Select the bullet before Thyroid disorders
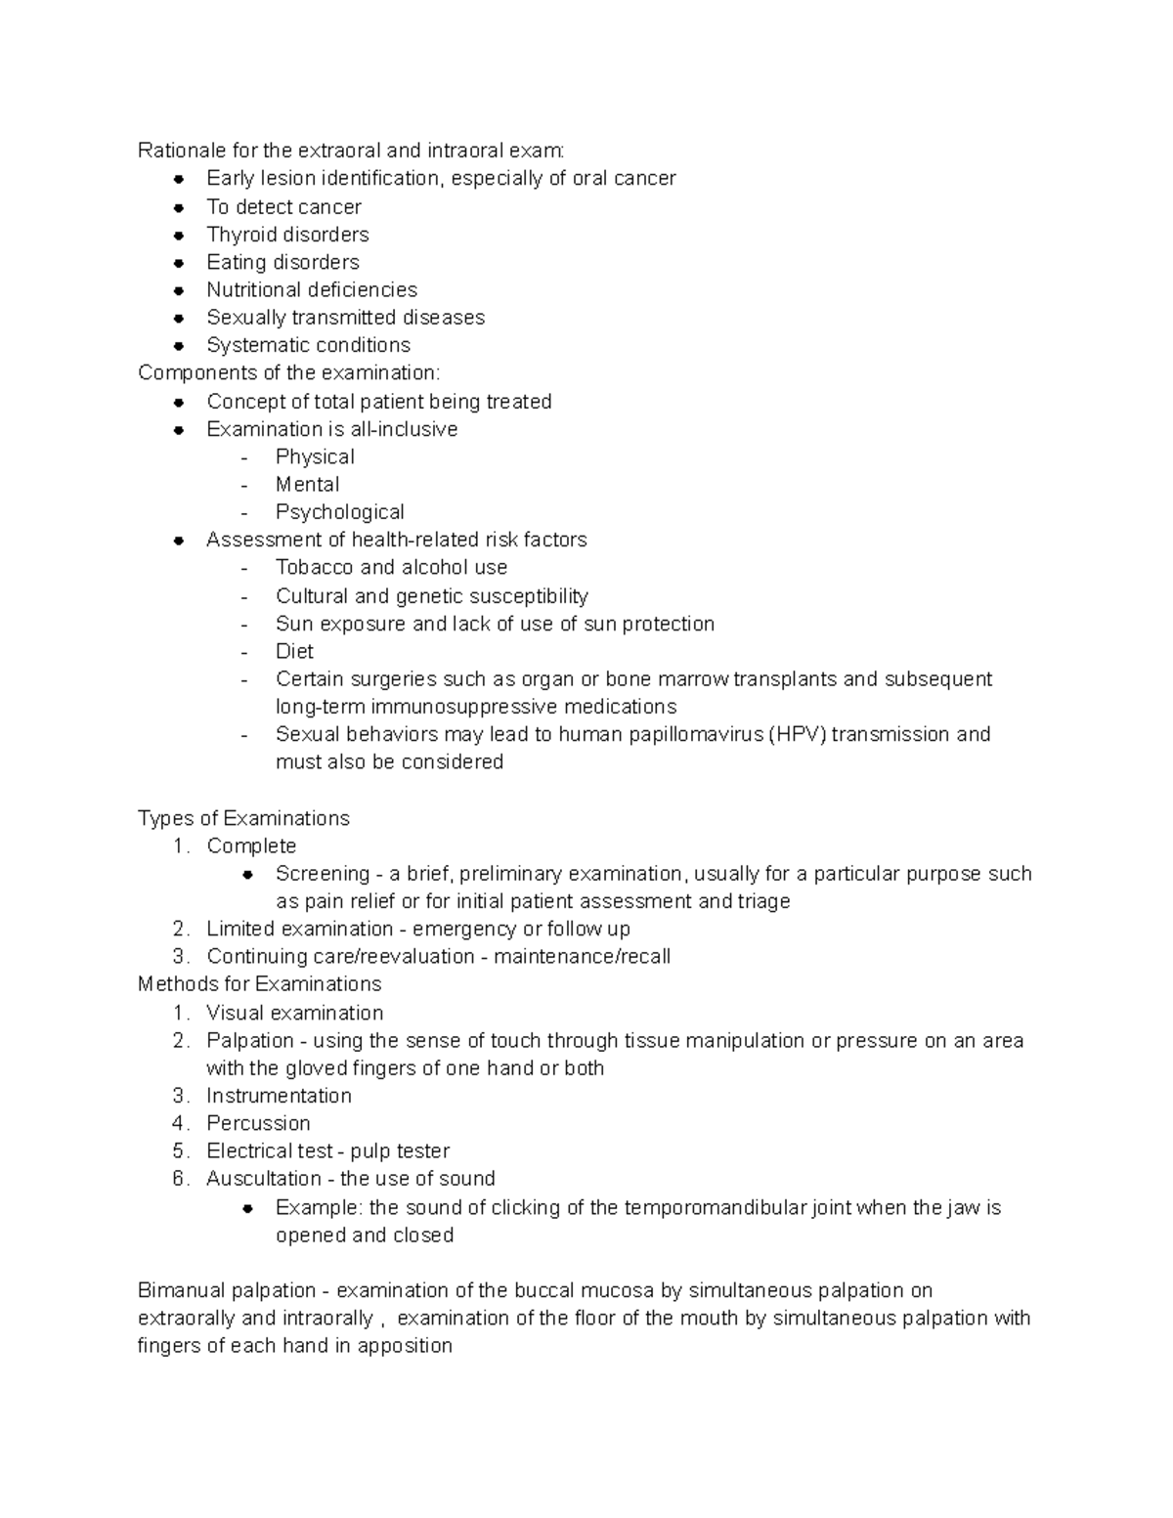pyautogui.click(x=178, y=236)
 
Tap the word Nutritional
pyautogui.click(x=253, y=290)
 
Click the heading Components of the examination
pyautogui.click(x=288, y=373)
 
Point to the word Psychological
pyautogui.click(x=339, y=512)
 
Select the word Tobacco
pyautogui.click(x=314, y=568)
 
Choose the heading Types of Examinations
pyautogui.click(x=243, y=818)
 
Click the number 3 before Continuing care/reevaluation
pyautogui.click(x=179, y=957)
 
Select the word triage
pyautogui.click(x=764, y=901)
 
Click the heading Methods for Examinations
pyautogui.click(x=259, y=984)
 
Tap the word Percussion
pyautogui.click(x=258, y=1124)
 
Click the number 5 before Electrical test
pyautogui.click(x=179, y=1151)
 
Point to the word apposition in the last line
pyautogui.click(x=405, y=1346)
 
